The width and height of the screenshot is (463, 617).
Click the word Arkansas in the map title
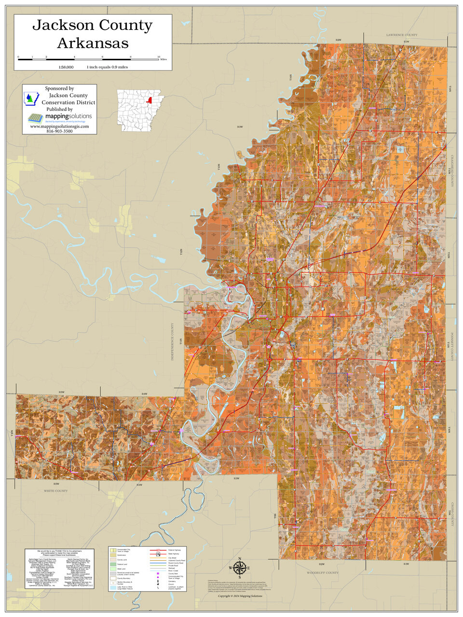tap(93, 43)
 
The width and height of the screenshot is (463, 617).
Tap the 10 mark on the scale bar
tap(159, 57)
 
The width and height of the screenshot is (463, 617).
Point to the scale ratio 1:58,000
tap(66, 67)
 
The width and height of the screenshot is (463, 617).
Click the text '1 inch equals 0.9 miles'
tap(107, 67)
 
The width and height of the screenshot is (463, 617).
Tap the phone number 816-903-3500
tap(59, 131)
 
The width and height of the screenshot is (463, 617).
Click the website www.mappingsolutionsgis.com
tap(59, 126)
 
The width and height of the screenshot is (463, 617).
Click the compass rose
tap(240, 568)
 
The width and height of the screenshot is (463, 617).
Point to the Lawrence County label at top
tap(401, 35)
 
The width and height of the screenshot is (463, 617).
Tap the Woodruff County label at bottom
tap(323, 573)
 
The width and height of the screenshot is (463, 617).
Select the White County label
tap(56, 491)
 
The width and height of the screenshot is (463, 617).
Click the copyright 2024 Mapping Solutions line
tap(240, 596)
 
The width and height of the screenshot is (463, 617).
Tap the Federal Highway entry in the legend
tap(174, 550)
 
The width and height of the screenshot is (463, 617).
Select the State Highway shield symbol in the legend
tap(158, 554)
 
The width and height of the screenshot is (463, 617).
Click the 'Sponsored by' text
tap(59, 89)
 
